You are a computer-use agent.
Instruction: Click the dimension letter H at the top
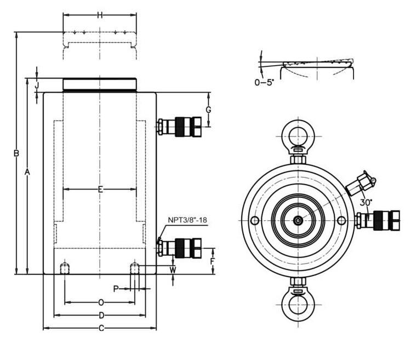pos(99,15)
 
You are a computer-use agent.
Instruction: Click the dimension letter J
pos(37,85)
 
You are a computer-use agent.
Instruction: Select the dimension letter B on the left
pos(16,153)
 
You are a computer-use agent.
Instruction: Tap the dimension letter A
pos(27,172)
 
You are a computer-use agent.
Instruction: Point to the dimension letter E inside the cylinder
pos(100,190)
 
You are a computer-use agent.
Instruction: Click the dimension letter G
pos(208,110)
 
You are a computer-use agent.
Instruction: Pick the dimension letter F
pos(213,261)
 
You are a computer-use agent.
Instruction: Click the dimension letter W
pos(173,270)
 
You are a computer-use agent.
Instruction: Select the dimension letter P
pos(116,288)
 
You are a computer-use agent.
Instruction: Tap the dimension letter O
pos(101,302)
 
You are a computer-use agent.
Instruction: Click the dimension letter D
pos(101,316)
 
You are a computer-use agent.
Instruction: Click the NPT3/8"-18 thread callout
pos(187,220)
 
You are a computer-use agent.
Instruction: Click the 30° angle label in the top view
pos(366,202)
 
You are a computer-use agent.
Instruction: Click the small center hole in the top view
pos(297,220)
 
